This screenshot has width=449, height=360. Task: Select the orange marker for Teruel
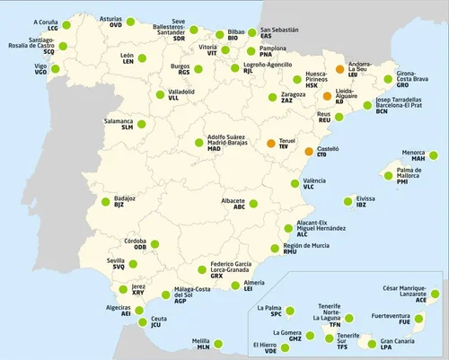click(271, 142)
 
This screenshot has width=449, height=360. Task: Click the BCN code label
click(382, 112)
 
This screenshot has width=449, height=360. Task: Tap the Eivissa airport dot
click(347, 202)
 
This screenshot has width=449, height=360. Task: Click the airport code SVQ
click(119, 266)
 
